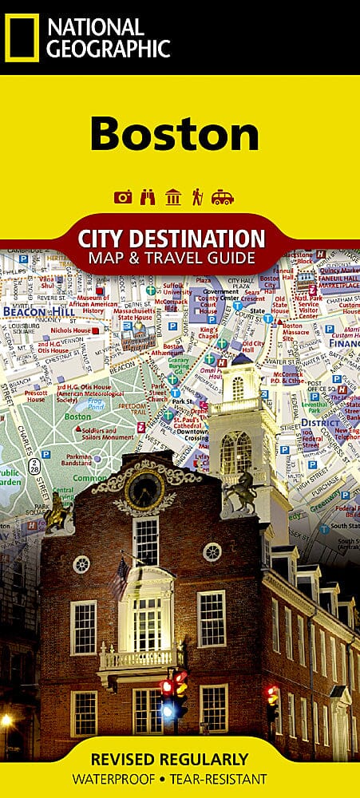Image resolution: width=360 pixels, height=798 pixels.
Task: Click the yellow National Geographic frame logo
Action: (x=22, y=38)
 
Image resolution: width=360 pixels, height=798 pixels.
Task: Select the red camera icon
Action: (x=123, y=197)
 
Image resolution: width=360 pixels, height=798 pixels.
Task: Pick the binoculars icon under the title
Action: (x=148, y=197)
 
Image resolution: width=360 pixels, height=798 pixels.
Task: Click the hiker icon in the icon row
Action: (x=197, y=197)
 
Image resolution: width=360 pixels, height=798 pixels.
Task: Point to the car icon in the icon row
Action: (x=223, y=197)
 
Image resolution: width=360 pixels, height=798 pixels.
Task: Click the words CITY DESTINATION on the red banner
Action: (x=172, y=239)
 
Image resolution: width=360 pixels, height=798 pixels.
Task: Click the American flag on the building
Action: (x=122, y=576)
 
